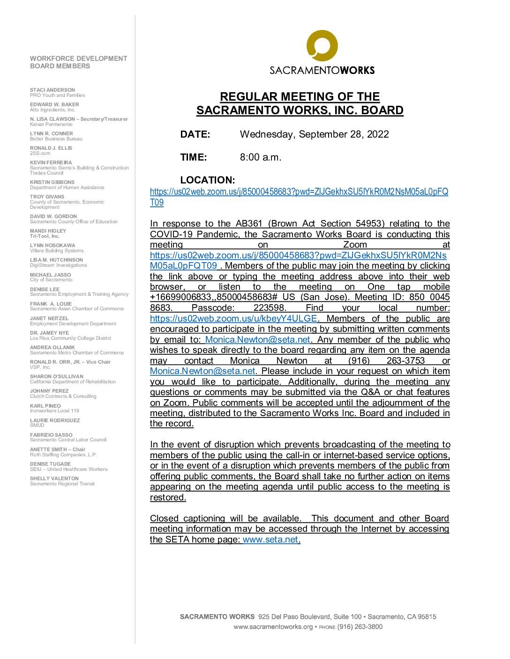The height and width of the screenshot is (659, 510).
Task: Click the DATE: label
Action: point(195,134)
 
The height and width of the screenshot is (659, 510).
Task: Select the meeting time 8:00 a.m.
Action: point(261,157)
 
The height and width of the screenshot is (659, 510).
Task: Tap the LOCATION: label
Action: point(207,180)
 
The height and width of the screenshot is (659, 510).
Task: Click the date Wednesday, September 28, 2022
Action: point(314,134)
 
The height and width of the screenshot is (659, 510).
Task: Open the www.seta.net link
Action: point(270,539)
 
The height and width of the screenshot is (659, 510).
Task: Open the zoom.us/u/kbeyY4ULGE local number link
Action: point(233,319)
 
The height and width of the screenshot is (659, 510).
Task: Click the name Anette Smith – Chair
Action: point(58,449)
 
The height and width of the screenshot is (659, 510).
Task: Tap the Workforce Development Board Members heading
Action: point(78,62)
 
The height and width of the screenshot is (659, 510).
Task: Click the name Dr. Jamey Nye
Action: point(49,333)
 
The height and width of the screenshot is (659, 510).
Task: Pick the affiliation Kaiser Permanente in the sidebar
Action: point(51,124)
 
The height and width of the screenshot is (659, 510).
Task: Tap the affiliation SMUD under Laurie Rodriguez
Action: point(37,425)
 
